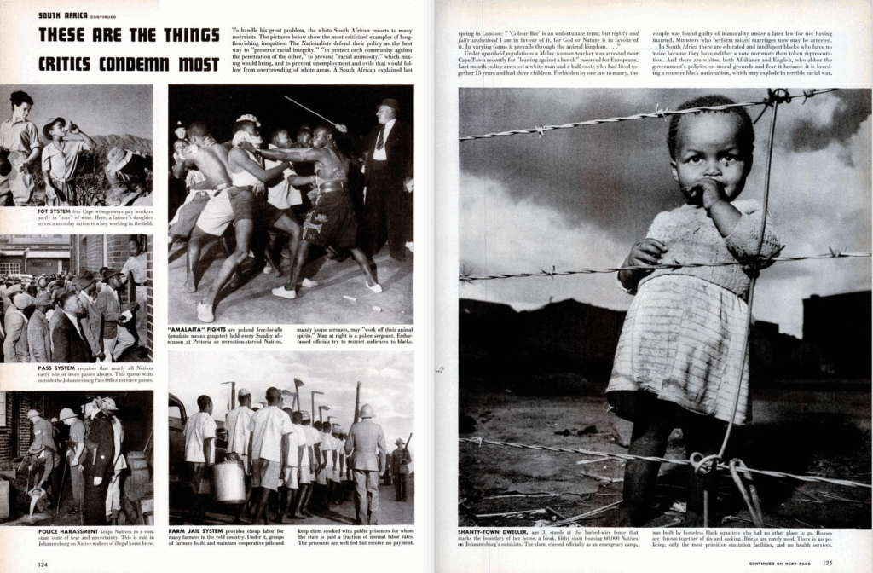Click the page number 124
tap(43, 564)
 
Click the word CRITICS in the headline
tap(71, 64)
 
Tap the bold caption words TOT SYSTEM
tap(55, 210)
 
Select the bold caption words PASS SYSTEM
tap(56, 369)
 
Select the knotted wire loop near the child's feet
tap(703, 463)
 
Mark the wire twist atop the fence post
tap(778, 95)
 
